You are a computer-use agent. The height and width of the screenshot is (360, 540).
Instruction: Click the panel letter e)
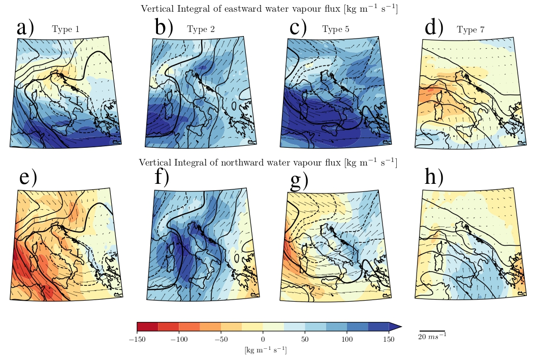pos(28,178)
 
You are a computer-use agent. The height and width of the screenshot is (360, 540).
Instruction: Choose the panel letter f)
pos(162,178)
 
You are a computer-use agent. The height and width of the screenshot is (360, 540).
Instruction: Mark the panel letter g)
pos(299,181)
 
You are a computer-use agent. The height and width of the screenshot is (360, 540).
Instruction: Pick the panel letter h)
pos(434,177)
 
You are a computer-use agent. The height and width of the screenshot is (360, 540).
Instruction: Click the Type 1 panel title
pos(66,30)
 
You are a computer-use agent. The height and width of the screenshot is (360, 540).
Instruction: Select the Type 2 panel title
pos(201,29)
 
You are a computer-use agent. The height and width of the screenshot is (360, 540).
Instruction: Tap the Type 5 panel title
pos(335,29)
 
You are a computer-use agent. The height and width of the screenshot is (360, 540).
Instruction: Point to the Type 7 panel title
pos(470,30)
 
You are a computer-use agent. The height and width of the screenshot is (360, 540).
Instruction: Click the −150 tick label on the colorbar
pos(137,339)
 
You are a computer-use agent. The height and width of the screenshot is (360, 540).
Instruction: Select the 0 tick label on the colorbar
pos(263,339)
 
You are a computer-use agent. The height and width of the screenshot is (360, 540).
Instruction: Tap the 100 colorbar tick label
pos(347,339)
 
